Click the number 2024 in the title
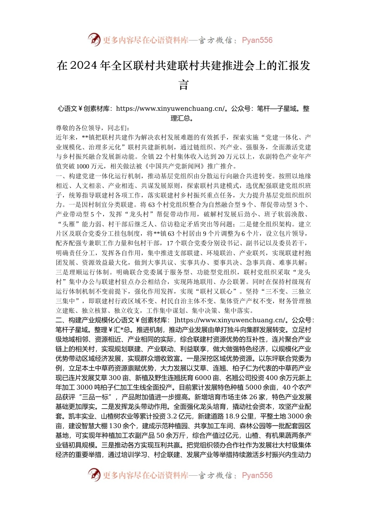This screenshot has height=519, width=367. tap(84, 66)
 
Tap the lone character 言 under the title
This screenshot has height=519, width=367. tap(183, 85)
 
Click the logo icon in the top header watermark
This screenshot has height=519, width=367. tap(94, 40)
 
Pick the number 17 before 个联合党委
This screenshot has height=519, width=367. tap(170, 243)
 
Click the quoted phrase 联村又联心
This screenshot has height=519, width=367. tap(214, 292)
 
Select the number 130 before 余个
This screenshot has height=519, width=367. tap(116, 426)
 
